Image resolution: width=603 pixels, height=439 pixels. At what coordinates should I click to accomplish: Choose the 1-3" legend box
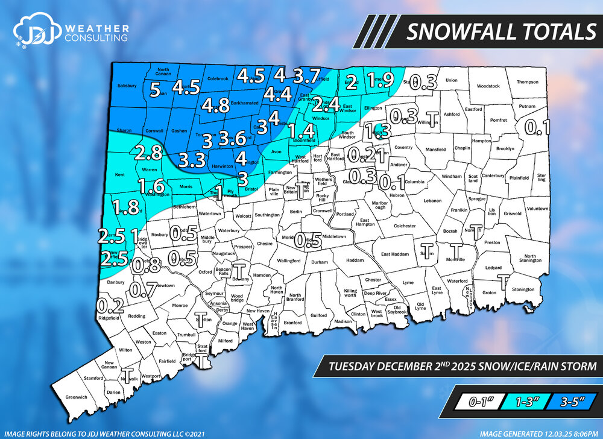521,401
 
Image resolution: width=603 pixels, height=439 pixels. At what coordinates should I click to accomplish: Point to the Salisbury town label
127,86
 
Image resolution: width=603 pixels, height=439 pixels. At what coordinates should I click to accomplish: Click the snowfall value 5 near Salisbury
156,90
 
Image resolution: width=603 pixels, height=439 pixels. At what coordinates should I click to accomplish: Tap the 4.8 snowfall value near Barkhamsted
215,106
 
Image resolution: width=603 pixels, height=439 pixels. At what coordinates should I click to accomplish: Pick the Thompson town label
526,82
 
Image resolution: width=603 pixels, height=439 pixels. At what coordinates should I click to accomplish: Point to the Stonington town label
523,289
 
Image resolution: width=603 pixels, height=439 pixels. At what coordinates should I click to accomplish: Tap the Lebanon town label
433,200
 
